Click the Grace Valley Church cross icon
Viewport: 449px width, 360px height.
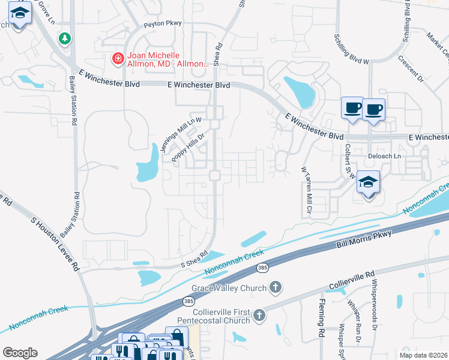[x=276, y=287]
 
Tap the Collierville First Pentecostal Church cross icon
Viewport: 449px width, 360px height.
[x=259, y=315]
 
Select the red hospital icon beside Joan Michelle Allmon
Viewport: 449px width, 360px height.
[x=118, y=58]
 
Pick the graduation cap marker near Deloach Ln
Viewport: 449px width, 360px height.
[x=368, y=181]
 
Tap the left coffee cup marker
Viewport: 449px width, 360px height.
[x=352, y=108]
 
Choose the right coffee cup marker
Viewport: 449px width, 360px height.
[x=373, y=109]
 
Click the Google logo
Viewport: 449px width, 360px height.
[x=20, y=353]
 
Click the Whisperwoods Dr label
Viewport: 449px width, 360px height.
[x=374, y=304]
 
